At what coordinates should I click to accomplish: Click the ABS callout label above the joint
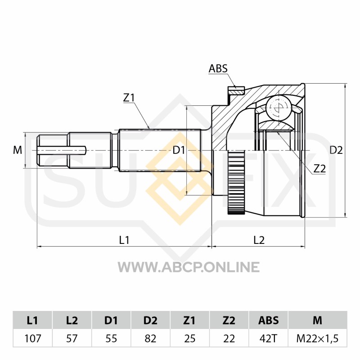218,68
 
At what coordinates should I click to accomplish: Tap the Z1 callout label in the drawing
129,98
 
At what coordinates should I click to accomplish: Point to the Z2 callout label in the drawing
319,169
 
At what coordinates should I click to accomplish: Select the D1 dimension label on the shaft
179,150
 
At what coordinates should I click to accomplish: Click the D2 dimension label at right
336,150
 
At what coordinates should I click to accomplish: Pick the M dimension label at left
18,150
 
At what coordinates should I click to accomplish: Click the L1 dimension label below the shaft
124,240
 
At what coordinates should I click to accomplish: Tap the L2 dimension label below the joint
259,240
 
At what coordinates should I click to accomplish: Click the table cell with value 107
32,338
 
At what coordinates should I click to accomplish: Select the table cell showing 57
72,338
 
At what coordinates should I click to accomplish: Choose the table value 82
150,338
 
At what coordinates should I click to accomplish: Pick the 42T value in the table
268,338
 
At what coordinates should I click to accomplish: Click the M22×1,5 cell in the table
318,338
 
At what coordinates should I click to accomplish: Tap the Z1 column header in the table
189,320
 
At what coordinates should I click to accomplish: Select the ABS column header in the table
268,320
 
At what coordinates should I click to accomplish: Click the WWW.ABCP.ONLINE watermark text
189,267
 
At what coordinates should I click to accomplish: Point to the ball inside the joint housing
279,107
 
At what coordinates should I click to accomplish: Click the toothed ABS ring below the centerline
236,182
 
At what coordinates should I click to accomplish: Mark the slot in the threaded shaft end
62,150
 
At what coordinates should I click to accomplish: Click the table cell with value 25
189,338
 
